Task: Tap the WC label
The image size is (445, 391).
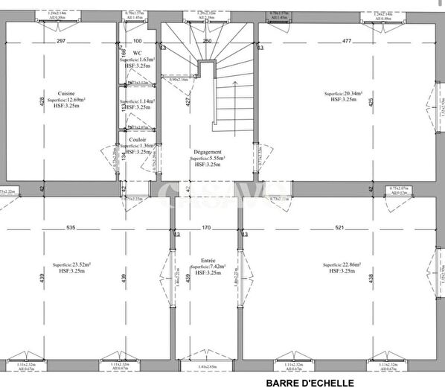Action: click(x=137, y=53)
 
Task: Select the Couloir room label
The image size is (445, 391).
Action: click(x=137, y=139)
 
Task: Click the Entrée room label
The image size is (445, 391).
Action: click(x=208, y=261)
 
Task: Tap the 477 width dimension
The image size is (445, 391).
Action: click(x=347, y=41)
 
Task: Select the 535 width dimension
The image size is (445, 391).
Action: click(x=71, y=226)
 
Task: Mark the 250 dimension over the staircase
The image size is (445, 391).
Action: click(x=207, y=41)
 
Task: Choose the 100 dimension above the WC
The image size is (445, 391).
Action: click(x=137, y=41)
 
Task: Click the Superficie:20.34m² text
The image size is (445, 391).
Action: click(x=343, y=94)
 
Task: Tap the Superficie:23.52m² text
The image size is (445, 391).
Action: click(x=71, y=265)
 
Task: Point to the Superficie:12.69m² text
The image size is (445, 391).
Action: click(x=66, y=99)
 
